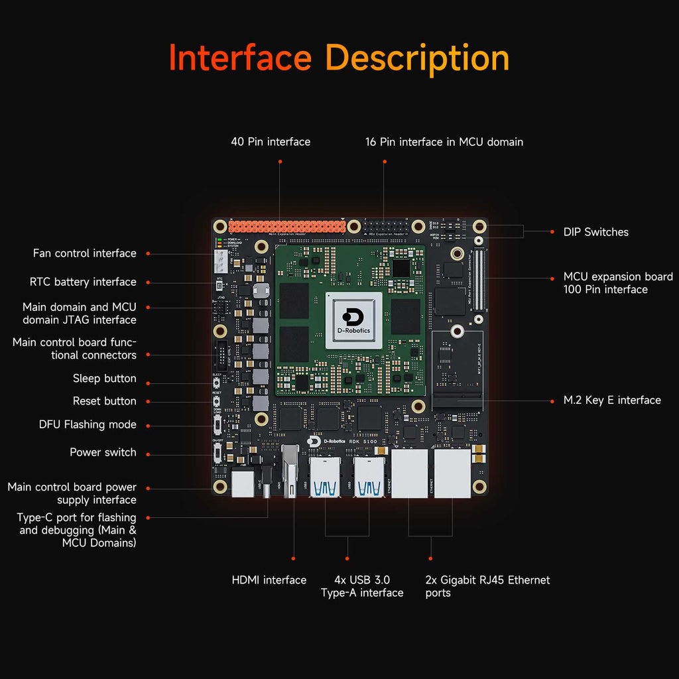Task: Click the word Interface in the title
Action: click(x=240, y=58)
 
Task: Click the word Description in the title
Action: click(x=418, y=58)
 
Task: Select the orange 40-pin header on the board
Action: click(x=286, y=226)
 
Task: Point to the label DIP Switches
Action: click(x=595, y=232)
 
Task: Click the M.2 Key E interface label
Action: click(x=612, y=400)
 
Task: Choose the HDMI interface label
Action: click(x=269, y=580)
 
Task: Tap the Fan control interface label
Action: click(x=85, y=253)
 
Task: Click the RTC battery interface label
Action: click(x=83, y=282)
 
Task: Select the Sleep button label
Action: click(x=104, y=379)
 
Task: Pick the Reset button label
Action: click(x=104, y=401)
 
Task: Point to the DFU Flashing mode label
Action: click(x=88, y=424)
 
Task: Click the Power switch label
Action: click(x=103, y=452)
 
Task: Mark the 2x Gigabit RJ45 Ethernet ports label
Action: click(x=487, y=586)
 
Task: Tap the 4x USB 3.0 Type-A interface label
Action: click(x=362, y=586)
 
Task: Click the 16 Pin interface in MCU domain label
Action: click(x=444, y=142)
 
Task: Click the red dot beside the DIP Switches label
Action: click(x=552, y=232)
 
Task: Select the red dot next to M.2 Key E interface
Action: click(x=552, y=401)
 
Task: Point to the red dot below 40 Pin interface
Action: click(x=280, y=161)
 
